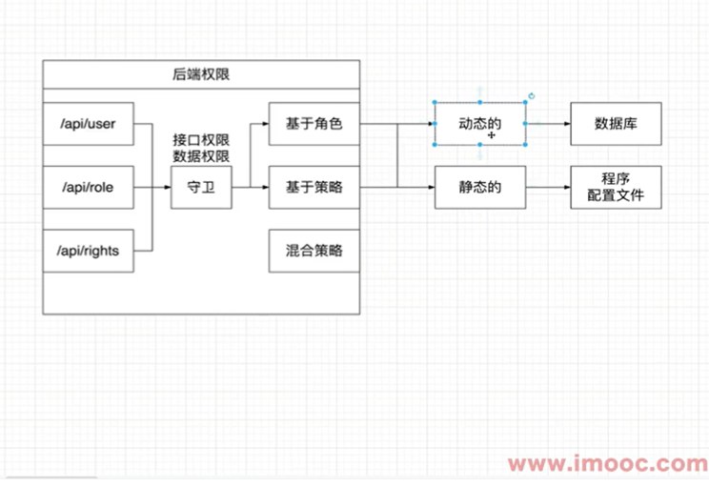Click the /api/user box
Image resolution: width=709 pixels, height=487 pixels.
pos(88,125)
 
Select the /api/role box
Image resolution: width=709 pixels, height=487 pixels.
pos(88,188)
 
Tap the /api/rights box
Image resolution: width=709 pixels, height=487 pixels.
pos(88,251)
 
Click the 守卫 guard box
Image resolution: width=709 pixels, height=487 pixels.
pos(201,188)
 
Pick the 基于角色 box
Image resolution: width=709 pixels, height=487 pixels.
pos(314,124)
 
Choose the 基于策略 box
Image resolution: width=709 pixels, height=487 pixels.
pos(314,188)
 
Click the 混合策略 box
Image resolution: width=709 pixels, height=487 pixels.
pos(314,251)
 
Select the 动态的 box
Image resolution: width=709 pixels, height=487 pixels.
pos(480,124)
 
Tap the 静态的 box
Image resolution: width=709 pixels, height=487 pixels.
pos(480,188)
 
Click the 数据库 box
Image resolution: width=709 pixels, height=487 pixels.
pos(616,124)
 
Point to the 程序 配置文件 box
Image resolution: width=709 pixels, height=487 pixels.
pos(616,188)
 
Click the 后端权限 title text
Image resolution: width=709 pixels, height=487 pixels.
pos(201,74)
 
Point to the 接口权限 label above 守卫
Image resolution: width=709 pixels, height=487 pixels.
pos(201,139)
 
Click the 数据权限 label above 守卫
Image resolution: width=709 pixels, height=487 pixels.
pos(201,155)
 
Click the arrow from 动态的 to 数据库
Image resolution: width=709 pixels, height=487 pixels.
pos(548,124)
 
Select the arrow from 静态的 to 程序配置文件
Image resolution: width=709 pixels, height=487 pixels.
pos(548,188)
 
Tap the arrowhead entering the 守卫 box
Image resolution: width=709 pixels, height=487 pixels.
pos(167,188)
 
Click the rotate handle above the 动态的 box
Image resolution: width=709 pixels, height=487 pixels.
pos(532,95)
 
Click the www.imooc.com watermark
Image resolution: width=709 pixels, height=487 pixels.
pos(607,465)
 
